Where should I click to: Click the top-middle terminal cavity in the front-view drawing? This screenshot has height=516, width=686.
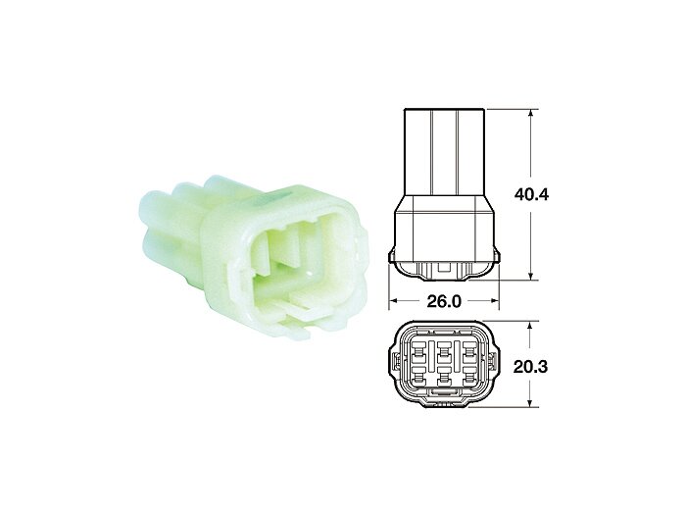[446, 348]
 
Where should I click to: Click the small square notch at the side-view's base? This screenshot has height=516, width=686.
[446, 266]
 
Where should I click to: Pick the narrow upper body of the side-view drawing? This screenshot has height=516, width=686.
[446, 147]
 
